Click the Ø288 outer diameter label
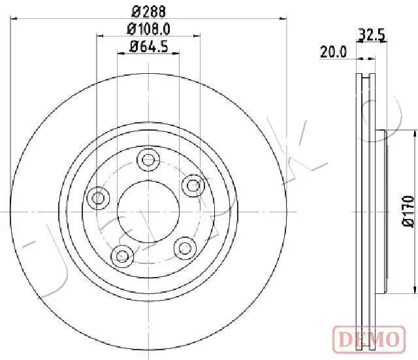click(148, 10)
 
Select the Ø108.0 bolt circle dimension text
click(148, 29)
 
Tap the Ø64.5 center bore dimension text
click(148, 46)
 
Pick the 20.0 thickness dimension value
click(334, 52)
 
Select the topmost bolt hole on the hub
click(149, 159)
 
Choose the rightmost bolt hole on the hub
click(192, 186)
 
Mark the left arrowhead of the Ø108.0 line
click(100, 37)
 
